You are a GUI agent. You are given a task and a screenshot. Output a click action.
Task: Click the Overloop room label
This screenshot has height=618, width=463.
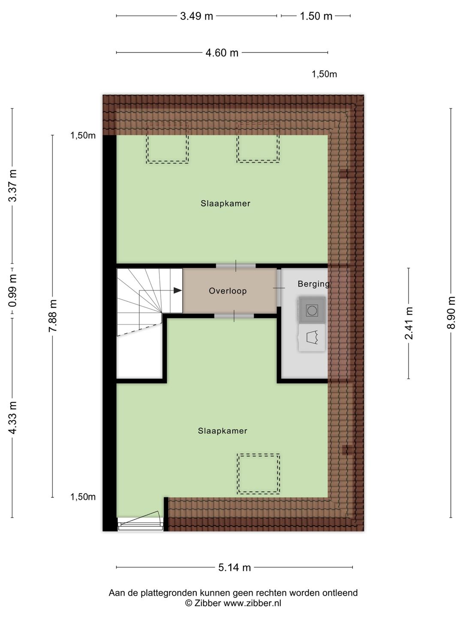coord(228,291)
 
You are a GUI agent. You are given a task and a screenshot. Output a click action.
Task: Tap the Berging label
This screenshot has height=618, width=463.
coord(313,284)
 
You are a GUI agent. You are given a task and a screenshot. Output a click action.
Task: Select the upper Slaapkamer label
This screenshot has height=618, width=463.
coord(225,203)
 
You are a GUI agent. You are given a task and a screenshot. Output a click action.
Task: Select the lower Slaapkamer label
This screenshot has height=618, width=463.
coord(222,431)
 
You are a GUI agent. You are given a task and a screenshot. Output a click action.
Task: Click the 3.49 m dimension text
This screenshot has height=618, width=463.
coord(196,16)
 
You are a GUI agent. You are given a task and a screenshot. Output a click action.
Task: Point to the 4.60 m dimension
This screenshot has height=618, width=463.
coord(222,53)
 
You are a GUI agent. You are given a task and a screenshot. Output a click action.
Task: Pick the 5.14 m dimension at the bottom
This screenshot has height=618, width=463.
coord(235,567)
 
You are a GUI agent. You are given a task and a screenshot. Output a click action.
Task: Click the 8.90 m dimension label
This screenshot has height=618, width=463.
coord(451,312)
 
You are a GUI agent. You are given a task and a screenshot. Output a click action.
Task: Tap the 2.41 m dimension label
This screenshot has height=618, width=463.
coord(409,323)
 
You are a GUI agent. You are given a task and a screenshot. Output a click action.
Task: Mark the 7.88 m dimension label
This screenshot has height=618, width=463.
coord(53,316)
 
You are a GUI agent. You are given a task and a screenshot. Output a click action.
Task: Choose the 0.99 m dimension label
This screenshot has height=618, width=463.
coord(12,291)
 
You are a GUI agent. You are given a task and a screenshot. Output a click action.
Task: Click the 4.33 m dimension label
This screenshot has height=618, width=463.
coord(12,418)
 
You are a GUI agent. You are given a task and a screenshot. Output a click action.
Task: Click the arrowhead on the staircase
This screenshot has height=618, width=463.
coord(177,291)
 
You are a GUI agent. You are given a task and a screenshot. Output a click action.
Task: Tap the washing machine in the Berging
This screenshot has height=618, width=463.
coord(312,309)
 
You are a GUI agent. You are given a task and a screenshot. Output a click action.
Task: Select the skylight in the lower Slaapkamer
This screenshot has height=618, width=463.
coord(259,473)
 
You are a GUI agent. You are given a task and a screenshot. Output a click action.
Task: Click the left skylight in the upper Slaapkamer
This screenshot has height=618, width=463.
coord(167,142)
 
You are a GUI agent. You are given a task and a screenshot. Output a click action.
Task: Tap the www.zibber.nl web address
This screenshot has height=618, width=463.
coord(253,603)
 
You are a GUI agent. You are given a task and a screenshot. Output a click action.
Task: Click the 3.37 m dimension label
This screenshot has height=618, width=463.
coord(12,185)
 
